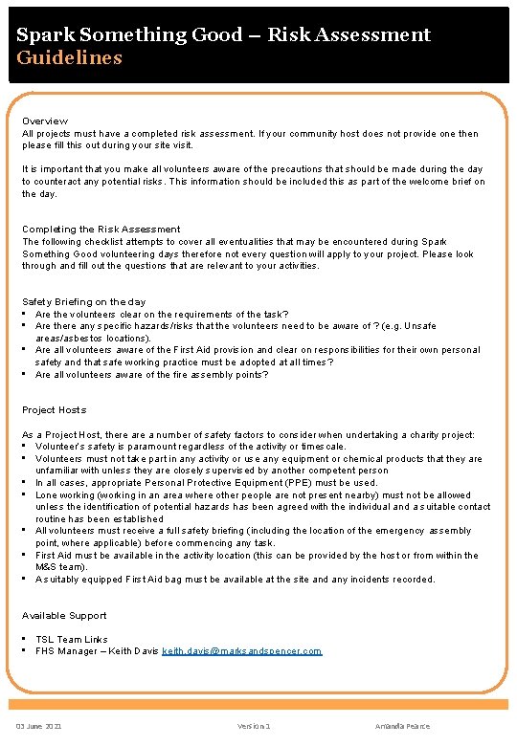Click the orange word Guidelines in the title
(x=69, y=57)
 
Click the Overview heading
(x=45, y=121)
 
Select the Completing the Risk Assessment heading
(x=101, y=230)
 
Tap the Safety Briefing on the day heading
(x=84, y=302)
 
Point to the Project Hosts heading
(x=54, y=409)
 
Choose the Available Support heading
(x=64, y=616)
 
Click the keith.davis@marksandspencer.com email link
(x=242, y=651)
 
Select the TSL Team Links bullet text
(x=72, y=640)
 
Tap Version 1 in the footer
(x=255, y=727)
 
